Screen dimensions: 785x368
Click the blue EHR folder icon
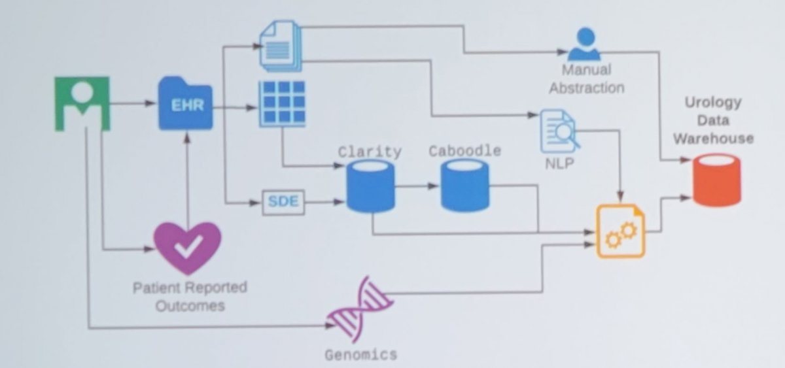point(185,103)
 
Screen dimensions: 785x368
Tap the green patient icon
point(82,104)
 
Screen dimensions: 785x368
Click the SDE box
point(283,202)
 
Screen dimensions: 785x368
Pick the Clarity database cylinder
point(371,186)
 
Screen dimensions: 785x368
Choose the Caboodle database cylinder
point(464,186)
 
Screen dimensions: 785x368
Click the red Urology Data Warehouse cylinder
point(717,180)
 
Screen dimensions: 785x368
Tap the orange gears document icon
point(621,231)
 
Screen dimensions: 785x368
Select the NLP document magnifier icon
point(559,131)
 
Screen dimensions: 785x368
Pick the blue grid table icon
point(282,104)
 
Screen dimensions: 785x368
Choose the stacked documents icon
point(281,46)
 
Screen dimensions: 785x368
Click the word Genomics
point(361,355)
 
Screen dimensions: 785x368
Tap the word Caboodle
point(465,151)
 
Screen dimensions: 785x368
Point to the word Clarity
point(370,152)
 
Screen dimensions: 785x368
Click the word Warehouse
point(714,139)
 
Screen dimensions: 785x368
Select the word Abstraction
point(587,88)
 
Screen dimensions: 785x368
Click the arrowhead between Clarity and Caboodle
point(433,186)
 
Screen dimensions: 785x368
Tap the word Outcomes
point(190,306)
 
